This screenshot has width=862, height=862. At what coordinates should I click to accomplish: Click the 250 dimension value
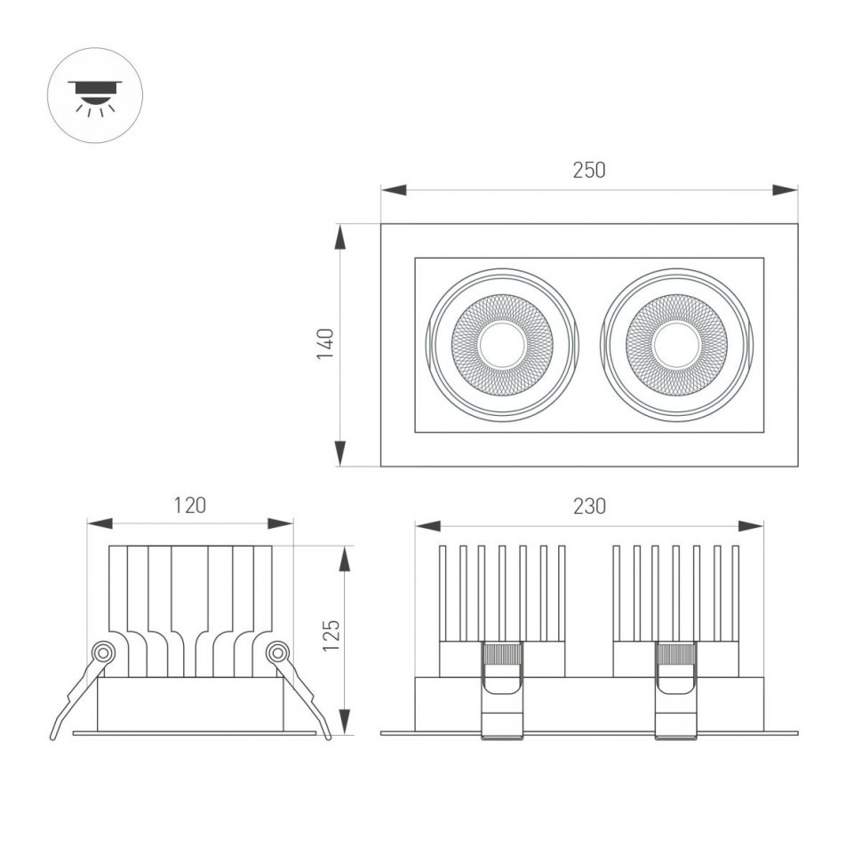[588, 170]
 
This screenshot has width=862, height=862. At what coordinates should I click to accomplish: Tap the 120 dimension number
[189, 506]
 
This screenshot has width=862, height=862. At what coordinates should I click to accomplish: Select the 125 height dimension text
[331, 636]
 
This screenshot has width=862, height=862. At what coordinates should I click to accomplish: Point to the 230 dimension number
[588, 507]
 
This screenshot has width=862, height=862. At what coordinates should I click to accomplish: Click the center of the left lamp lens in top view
[502, 345]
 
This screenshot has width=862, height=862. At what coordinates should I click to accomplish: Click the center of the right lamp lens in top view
[676, 345]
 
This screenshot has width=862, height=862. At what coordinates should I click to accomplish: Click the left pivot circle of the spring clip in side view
[104, 653]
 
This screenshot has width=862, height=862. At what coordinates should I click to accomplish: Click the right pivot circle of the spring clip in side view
[277, 653]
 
